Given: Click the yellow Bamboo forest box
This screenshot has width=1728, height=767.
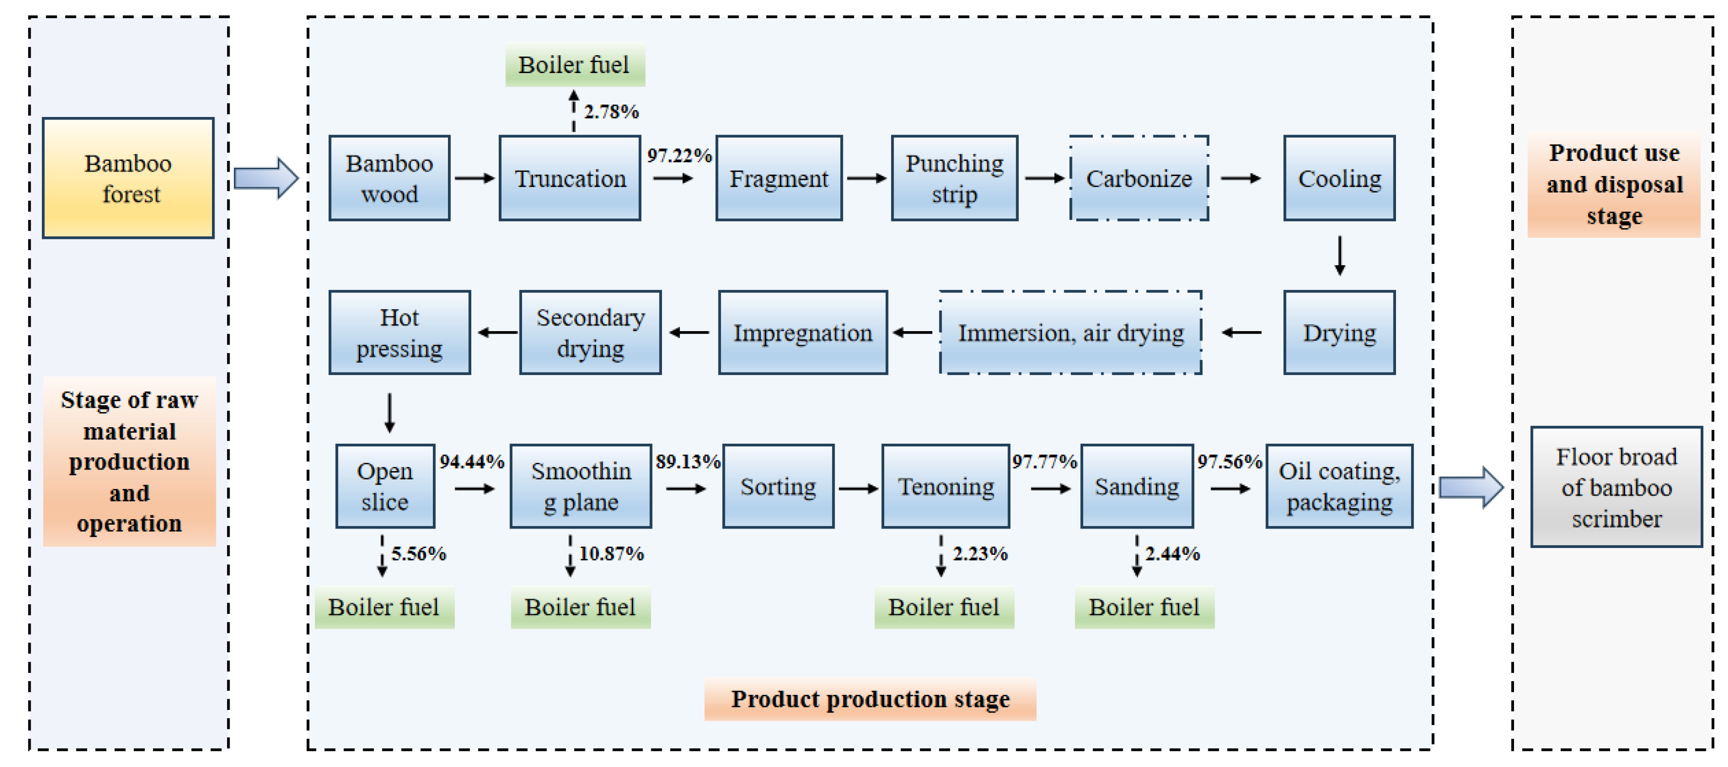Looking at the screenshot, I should pyautogui.click(x=128, y=178).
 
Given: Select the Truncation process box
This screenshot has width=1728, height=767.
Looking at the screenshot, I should pyautogui.click(x=569, y=178).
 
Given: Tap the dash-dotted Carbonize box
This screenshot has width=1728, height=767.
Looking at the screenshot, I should pyautogui.click(x=1138, y=178).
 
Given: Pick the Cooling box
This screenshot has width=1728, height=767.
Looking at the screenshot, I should pyautogui.click(x=1339, y=178).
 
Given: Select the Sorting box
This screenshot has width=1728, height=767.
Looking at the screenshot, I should pyautogui.click(x=778, y=487).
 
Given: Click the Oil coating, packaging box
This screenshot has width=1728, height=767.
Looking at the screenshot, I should pyautogui.click(x=1339, y=487).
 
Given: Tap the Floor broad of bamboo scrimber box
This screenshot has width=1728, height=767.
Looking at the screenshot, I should pyautogui.click(x=1616, y=487).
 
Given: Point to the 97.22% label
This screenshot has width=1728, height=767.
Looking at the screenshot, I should pyautogui.click(x=679, y=156).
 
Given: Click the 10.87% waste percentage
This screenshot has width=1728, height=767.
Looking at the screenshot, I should pyautogui.click(x=611, y=553).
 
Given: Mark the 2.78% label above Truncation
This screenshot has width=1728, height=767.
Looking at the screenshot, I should pyautogui.click(x=611, y=111).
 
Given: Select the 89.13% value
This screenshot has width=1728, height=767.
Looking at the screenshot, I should pyautogui.click(x=688, y=462).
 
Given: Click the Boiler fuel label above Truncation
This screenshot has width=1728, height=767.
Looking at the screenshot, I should pyautogui.click(x=574, y=65).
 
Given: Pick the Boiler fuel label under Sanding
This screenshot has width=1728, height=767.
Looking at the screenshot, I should pyautogui.click(x=1144, y=607).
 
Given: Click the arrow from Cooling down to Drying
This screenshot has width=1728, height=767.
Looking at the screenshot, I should pyautogui.click(x=1340, y=256).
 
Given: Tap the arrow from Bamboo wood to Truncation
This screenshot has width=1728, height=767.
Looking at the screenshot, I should pyautogui.click(x=474, y=178).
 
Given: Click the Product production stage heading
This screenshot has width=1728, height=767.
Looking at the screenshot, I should pyautogui.click(x=870, y=699).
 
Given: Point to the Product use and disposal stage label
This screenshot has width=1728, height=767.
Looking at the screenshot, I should pyautogui.click(x=1614, y=184).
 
